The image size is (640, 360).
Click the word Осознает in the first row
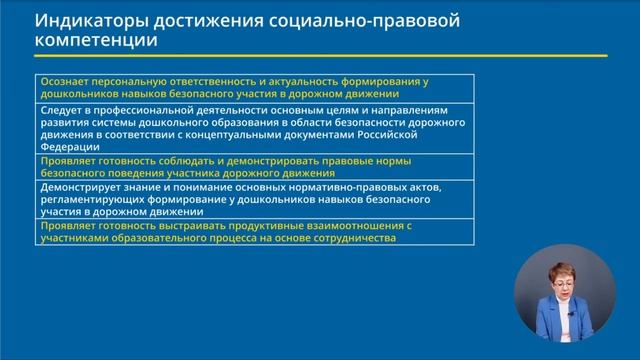click(x=64, y=81)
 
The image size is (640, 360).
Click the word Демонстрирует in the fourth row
click(x=81, y=186)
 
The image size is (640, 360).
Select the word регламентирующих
click(x=95, y=199)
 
